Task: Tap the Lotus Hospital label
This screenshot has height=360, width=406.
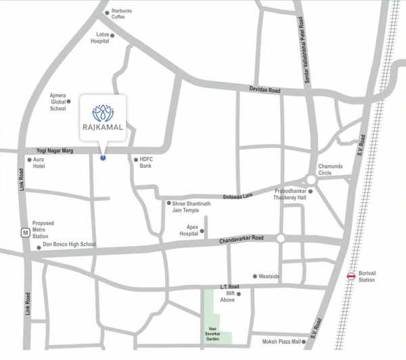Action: pos(100,37)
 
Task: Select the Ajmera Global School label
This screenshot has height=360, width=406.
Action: pos(58,102)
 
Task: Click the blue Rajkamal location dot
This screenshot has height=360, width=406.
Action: pos(103,158)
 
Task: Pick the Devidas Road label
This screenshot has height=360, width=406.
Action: pos(265,89)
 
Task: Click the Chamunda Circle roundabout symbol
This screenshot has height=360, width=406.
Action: pos(311,179)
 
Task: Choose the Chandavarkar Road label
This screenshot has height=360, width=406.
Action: pos(240,240)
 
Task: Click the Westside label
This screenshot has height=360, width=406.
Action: pos(270,276)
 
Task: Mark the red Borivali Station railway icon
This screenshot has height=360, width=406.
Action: pos(351,275)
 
